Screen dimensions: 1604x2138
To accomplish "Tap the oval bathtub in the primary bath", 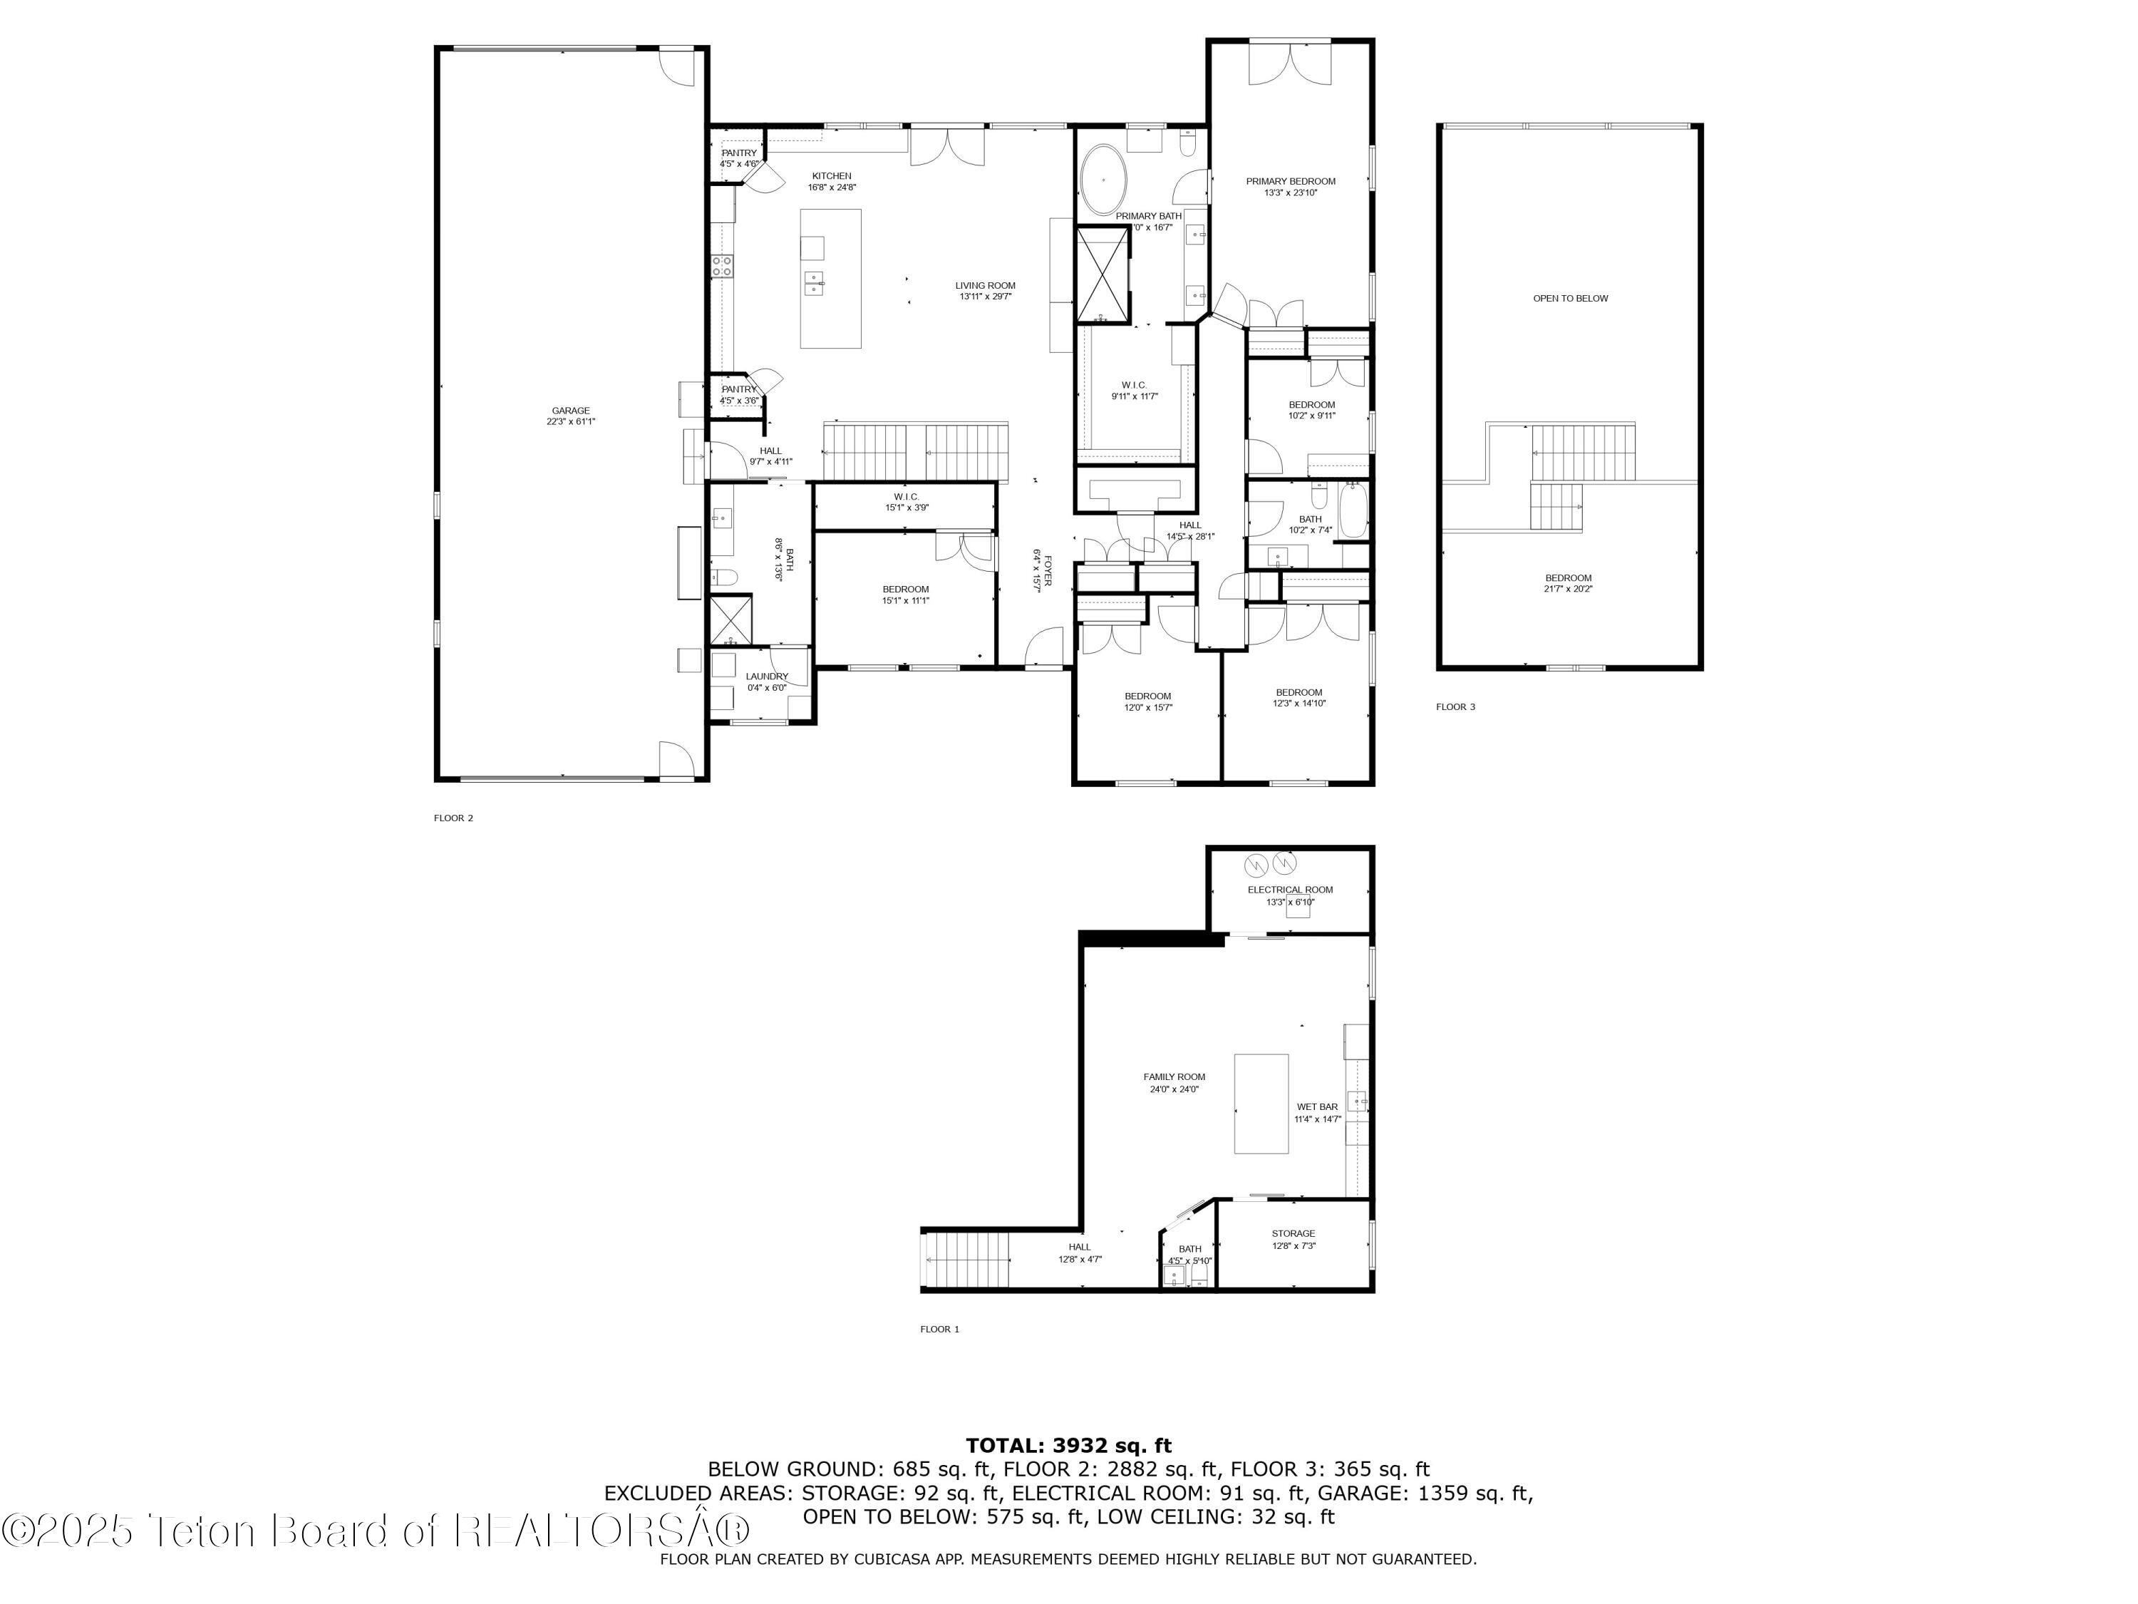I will pos(1102,180).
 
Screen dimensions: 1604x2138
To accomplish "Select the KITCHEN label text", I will pos(831,176).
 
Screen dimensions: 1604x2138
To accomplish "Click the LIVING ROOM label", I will pos(985,286).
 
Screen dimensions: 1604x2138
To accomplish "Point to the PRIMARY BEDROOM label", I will pos(1291,182).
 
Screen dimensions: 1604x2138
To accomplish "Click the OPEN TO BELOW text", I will pos(1570,299).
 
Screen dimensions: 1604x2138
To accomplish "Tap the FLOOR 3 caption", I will pos(1455,706).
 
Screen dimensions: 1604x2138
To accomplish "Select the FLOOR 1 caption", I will pos(939,1330).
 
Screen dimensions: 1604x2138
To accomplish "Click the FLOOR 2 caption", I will pos(453,818).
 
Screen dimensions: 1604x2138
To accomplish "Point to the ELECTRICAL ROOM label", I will pos(1289,890).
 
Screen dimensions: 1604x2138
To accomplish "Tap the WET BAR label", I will pos(1316,1107).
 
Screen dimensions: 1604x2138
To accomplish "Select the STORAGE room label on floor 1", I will pos(1292,1234).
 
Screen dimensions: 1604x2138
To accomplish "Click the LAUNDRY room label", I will pos(766,677).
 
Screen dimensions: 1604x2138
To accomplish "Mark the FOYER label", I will pos(1047,570).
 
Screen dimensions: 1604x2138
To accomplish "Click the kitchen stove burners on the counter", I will pos(722,266).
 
